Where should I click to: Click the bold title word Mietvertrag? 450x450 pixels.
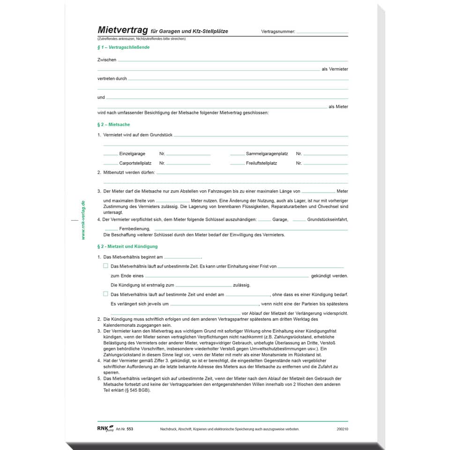click(x=122, y=31)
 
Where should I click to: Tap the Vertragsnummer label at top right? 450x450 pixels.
click(x=278, y=32)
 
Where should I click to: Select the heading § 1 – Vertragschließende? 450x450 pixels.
click(x=123, y=47)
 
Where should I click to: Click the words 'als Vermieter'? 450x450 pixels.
click(x=335, y=69)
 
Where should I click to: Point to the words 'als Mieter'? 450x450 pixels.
click(x=338, y=107)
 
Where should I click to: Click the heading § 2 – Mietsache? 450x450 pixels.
click(x=113, y=125)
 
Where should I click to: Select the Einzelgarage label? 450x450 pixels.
click(x=132, y=154)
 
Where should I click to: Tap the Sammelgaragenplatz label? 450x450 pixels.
click(x=267, y=154)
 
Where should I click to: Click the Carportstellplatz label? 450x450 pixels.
click(x=135, y=163)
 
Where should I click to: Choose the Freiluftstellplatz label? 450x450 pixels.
click(x=261, y=163)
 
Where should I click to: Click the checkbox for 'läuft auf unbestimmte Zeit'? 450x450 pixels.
click(x=105, y=266)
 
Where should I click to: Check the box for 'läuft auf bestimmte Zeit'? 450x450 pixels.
click(x=105, y=294)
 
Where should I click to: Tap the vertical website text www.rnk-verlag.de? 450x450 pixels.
click(x=83, y=220)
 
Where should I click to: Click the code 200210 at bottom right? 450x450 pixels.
click(x=342, y=429)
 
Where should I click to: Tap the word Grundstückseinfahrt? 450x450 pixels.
click(x=327, y=219)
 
